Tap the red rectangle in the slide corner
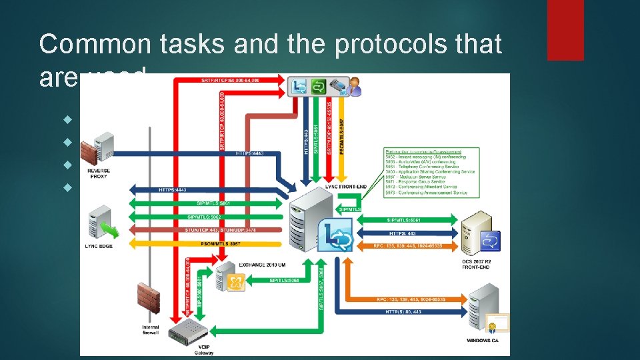(x=565, y=30)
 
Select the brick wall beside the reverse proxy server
(x=85, y=150)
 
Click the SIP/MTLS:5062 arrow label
(x=203, y=217)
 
